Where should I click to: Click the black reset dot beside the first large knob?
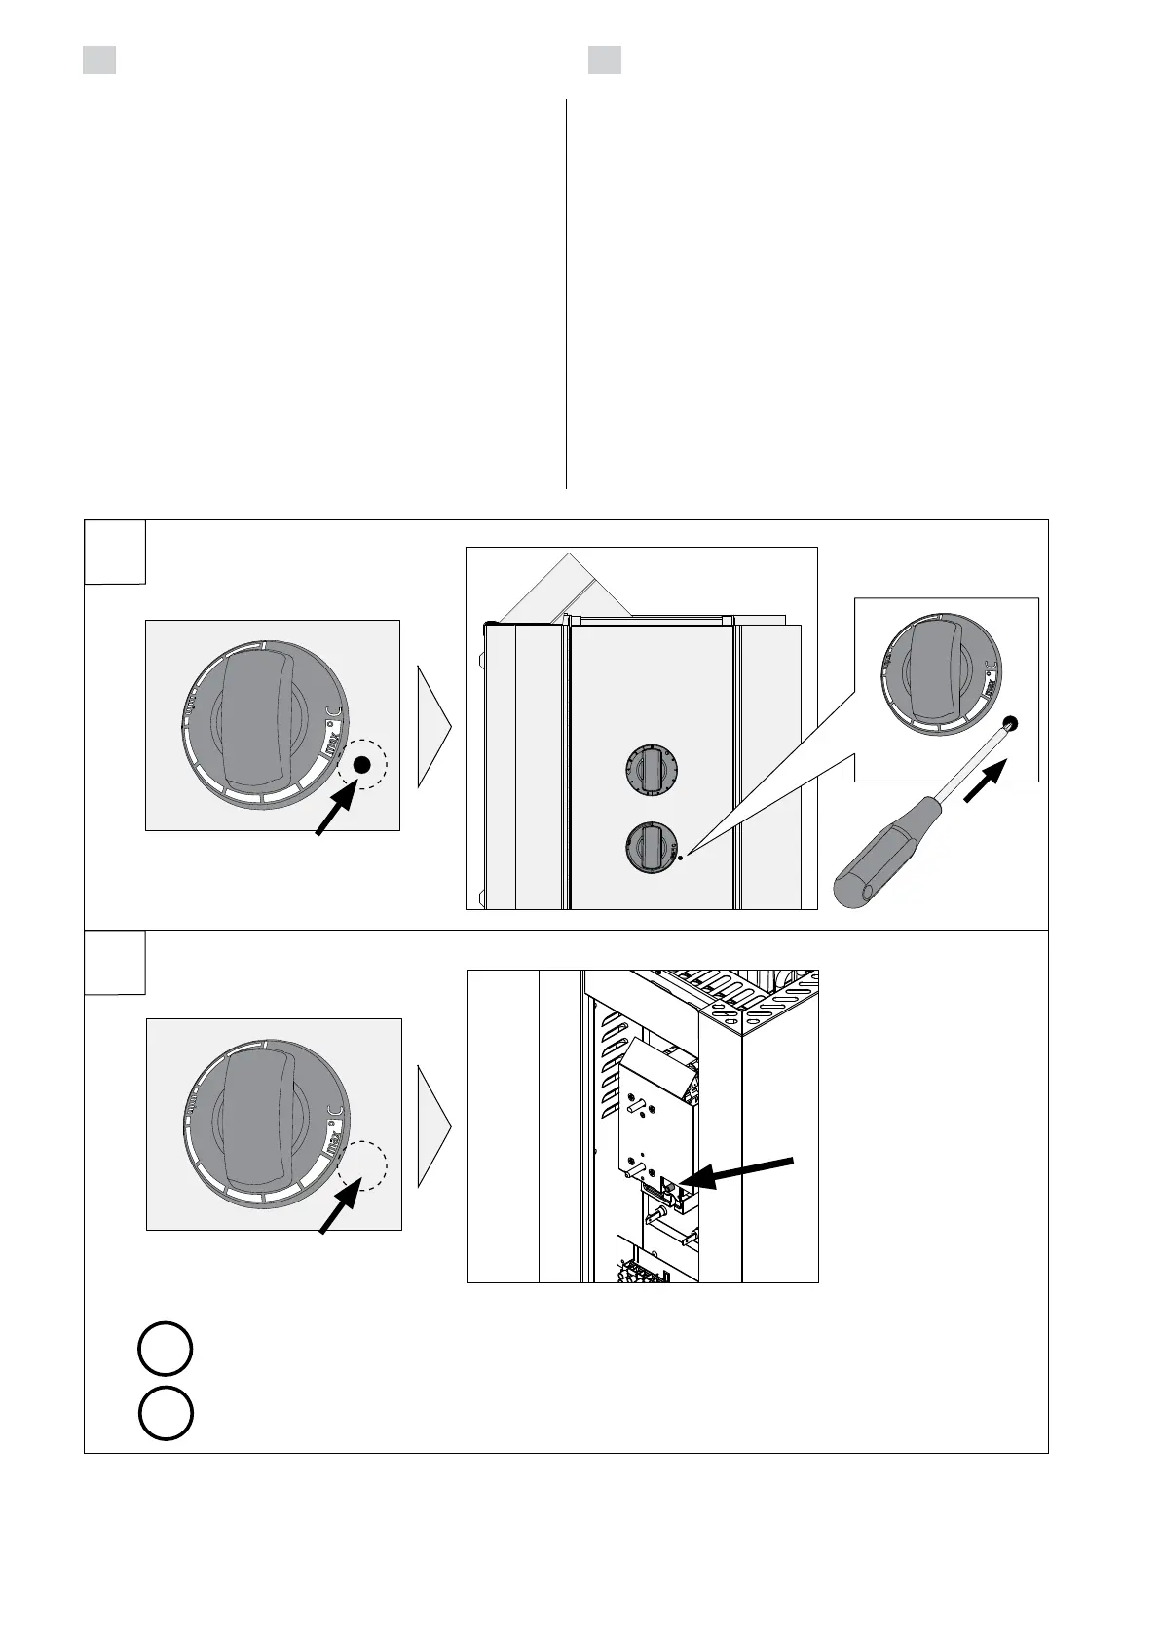point(362,766)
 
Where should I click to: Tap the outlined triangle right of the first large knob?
point(433,726)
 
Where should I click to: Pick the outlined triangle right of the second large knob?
point(433,1126)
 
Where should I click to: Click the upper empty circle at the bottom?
point(165,1350)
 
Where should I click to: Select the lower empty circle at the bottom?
point(165,1412)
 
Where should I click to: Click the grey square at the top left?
point(98,59)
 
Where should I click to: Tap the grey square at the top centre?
point(604,59)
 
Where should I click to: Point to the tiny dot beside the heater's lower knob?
point(681,857)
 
